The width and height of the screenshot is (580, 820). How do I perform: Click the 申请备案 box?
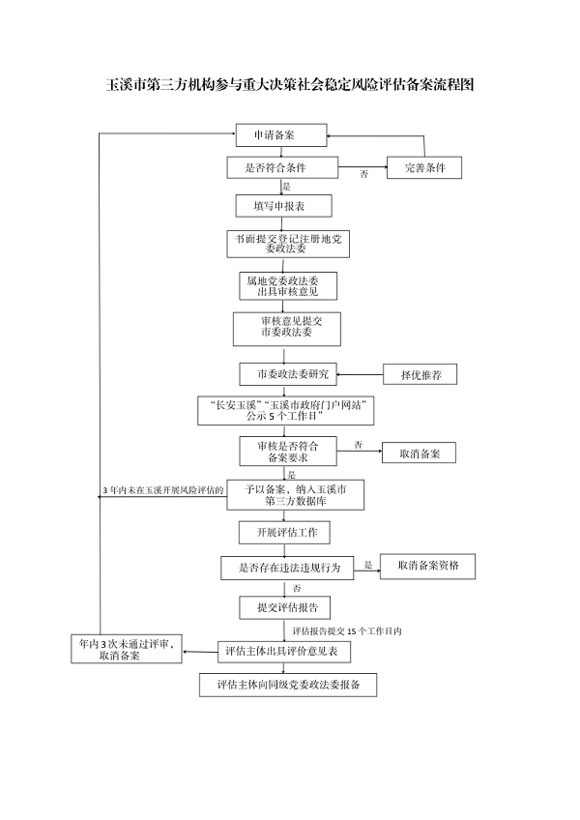click(281, 135)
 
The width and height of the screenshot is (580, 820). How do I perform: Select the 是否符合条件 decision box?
click(282, 167)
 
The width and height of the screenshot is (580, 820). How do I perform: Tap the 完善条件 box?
click(424, 167)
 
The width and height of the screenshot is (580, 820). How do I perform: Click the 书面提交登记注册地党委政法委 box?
click(282, 243)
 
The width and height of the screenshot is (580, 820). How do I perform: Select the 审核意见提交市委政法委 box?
click(286, 328)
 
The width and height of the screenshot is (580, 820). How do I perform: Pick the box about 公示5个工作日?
click(284, 411)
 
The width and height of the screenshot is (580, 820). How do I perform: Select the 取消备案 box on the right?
click(419, 452)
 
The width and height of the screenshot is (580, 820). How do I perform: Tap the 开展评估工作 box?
click(285, 533)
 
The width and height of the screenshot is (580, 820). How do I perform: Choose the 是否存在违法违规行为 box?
click(287, 568)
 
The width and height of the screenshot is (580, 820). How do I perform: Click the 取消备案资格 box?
click(427, 567)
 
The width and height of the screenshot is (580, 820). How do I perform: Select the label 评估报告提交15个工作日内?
click(346, 630)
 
